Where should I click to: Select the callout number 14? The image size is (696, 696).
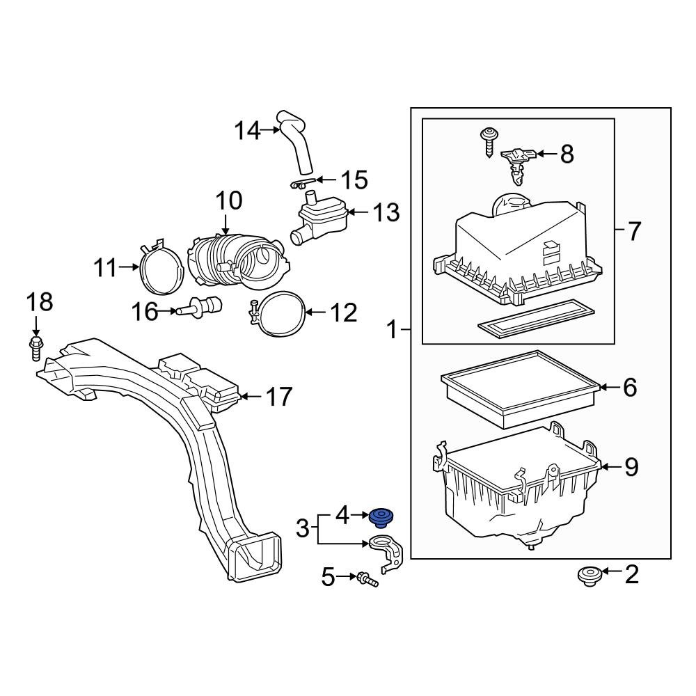(246, 130)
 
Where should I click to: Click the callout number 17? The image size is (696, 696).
(279, 397)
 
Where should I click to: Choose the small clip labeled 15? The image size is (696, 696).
(299, 184)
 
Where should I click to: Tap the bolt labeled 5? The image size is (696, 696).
(367, 578)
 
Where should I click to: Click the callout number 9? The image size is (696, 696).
(631, 467)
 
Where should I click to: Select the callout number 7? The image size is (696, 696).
(633, 231)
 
